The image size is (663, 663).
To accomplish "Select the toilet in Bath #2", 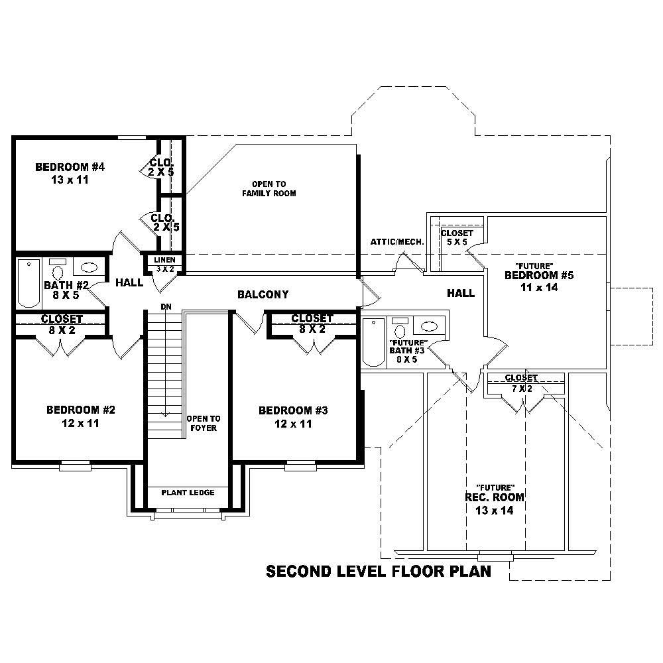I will (57, 270).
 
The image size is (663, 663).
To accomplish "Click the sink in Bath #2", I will (90, 268).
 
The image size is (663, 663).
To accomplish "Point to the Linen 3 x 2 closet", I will (165, 264).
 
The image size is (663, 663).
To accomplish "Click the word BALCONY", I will (263, 294).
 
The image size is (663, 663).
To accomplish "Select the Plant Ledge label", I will (188, 493).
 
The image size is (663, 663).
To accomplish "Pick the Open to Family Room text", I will (269, 188).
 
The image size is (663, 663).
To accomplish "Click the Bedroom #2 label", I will (81, 416).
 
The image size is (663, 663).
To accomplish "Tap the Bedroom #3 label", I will (293, 417).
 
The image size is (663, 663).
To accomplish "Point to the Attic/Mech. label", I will (397, 242).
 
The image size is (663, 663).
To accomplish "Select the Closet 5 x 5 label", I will (457, 237).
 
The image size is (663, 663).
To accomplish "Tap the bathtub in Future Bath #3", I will (373, 341).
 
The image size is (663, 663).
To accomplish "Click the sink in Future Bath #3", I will (430, 326).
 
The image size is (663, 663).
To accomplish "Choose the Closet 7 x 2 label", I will (521, 383).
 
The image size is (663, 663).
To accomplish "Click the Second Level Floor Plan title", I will (378, 572).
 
